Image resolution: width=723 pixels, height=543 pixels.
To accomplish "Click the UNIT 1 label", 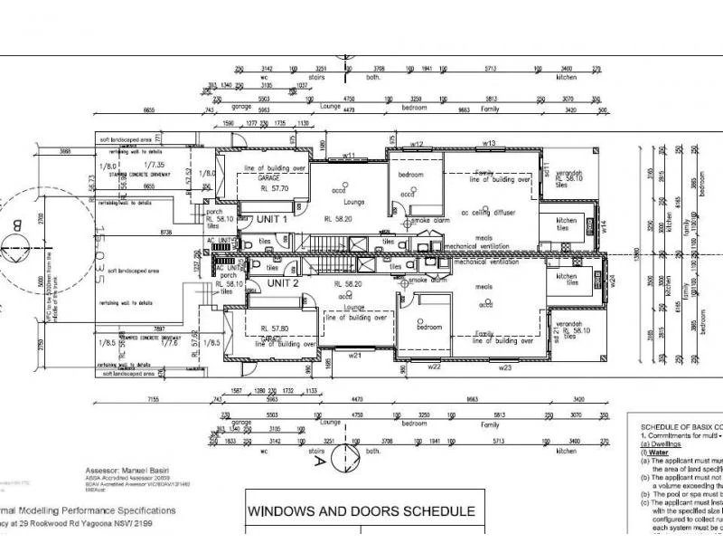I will pyautogui.click(x=272, y=219).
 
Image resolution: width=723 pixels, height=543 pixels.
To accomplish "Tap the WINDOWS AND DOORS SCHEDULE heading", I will pyautogui.click(x=361, y=511).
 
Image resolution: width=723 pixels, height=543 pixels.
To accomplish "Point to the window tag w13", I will pyautogui.click(x=489, y=143).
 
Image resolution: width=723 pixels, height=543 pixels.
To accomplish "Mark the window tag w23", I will pyautogui.click(x=504, y=368).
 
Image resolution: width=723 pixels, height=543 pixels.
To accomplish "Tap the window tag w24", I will pyautogui.click(x=612, y=281).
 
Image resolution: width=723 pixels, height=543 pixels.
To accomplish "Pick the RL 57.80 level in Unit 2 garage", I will pyautogui.click(x=273, y=329).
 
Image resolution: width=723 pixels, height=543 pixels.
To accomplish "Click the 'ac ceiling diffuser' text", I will pyautogui.click(x=488, y=213).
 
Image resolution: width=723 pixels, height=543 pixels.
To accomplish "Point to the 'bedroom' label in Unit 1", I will pyautogui.click(x=412, y=174).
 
